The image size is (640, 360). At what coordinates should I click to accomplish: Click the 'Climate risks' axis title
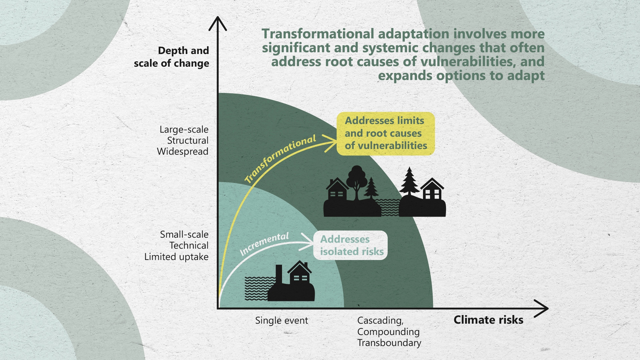tap(488, 320)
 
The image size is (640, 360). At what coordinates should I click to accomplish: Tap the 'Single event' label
tap(282, 321)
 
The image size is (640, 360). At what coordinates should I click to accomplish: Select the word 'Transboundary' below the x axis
tap(389, 343)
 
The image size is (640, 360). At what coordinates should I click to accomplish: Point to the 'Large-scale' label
tap(184, 129)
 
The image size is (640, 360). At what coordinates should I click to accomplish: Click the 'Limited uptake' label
tap(176, 257)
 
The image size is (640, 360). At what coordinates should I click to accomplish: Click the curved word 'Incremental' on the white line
tap(264, 244)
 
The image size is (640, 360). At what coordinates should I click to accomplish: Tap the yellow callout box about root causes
tap(386, 133)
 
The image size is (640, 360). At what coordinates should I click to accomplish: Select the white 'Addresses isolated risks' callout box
tap(350, 245)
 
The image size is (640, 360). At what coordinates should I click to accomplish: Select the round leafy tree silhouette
tap(357, 180)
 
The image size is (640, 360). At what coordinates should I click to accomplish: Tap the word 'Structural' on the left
tap(188, 140)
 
